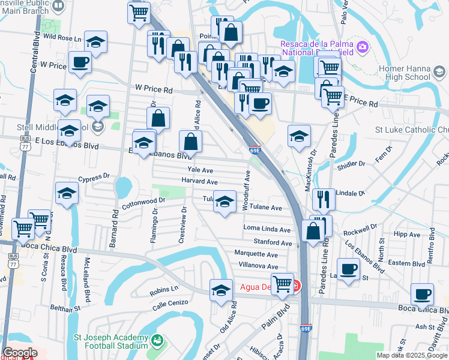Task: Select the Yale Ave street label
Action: pos(200,170)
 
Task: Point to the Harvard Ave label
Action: pos(199,182)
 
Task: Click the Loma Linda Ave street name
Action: pos(267,229)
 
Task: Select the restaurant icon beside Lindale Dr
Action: pos(324,199)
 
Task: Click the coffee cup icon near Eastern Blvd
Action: pos(348,268)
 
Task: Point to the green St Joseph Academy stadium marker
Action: pos(157,341)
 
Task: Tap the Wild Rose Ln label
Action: pos(62,37)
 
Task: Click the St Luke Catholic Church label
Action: pos(411,129)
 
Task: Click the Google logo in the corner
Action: pos(20,353)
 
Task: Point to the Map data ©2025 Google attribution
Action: pos(412,355)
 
